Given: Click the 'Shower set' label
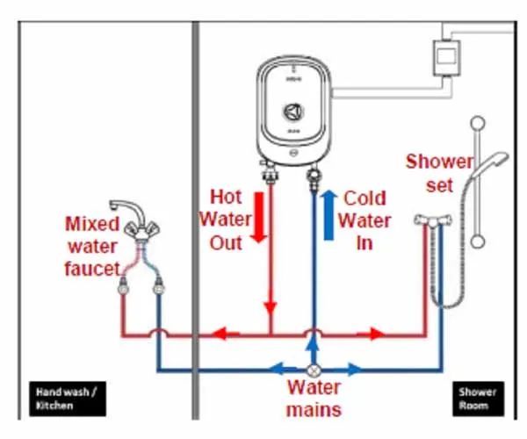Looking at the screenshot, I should pos(439,174).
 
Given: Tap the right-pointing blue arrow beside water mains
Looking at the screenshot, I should pos(351,371).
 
